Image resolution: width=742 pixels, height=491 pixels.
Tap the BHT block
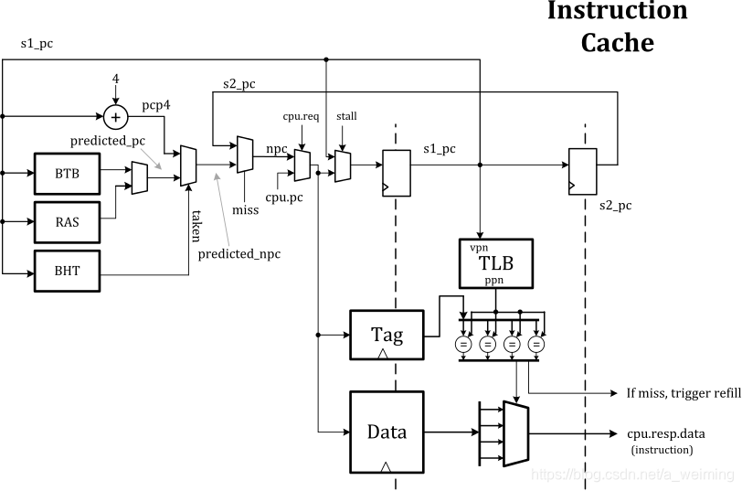pos(67,272)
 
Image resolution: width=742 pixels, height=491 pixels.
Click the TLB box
pos(496,263)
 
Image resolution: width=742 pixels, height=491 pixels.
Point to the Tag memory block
pos(386,335)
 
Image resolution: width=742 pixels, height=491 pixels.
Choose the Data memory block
pos(386,431)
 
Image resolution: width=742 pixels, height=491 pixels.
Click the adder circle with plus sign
pos(115,116)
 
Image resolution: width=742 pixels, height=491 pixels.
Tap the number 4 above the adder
pos(116,80)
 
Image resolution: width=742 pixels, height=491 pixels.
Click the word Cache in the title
pos(617,41)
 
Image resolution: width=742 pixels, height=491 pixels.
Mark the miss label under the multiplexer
pos(245,209)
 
